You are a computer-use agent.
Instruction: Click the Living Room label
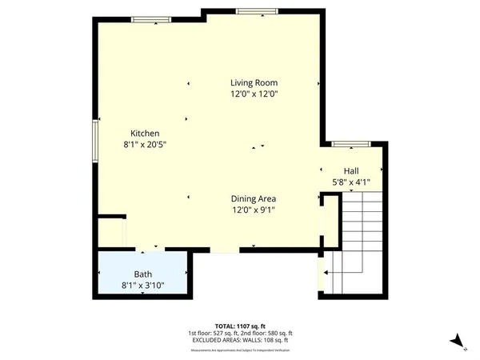point(254,82)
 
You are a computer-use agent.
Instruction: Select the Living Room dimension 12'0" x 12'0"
point(254,94)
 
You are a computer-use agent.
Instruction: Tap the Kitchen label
point(145,133)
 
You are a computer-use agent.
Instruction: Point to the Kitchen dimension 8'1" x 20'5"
point(145,145)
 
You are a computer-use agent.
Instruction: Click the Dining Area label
point(254,198)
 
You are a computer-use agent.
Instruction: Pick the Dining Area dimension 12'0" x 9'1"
point(254,210)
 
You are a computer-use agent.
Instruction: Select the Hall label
point(351,171)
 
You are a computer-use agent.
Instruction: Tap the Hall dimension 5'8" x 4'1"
point(351,182)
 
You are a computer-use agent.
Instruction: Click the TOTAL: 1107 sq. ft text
point(240,326)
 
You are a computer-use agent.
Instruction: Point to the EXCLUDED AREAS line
point(240,341)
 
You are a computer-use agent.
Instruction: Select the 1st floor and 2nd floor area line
point(240,334)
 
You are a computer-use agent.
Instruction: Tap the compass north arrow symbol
point(456,342)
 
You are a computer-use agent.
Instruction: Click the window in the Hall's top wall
point(350,145)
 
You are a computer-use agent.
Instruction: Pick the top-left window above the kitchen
point(150,18)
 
